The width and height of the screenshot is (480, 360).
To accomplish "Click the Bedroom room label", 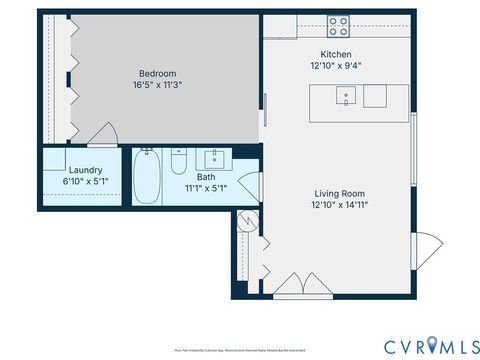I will pyautogui.click(x=157, y=73).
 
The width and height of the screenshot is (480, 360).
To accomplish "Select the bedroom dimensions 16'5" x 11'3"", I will pyautogui.click(x=157, y=85).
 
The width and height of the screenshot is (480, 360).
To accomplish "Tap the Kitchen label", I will pyautogui.click(x=336, y=54).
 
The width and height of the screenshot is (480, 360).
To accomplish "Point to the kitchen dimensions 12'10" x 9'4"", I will pyautogui.click(x=336, y=66).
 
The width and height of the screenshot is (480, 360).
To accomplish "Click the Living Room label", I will pyautogui.click(x=339, y=194).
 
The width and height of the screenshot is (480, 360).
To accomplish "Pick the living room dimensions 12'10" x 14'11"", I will pyautogui.click(x=339, y=206).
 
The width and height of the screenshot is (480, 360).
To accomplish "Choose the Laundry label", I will pyautogui.click(x=84, y=170).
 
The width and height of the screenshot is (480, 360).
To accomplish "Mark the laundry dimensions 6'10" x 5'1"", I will pyautogui.click(x=84, y=182).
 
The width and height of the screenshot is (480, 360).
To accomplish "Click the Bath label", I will pyautogui.click(x=206, y=177).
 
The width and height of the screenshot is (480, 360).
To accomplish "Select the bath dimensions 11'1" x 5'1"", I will pyautogui.click(x=206, y=188).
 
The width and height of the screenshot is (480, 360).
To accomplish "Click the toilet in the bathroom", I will pyautogui.click(x=179, y=161).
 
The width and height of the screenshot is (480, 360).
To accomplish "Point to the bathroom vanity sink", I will pyautogui.click(x=215, y=157).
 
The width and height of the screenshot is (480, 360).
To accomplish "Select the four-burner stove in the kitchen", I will pyautogui.click(x=338, y=26).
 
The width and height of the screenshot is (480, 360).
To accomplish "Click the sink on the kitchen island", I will pyautogui.click(x=345, y=96).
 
